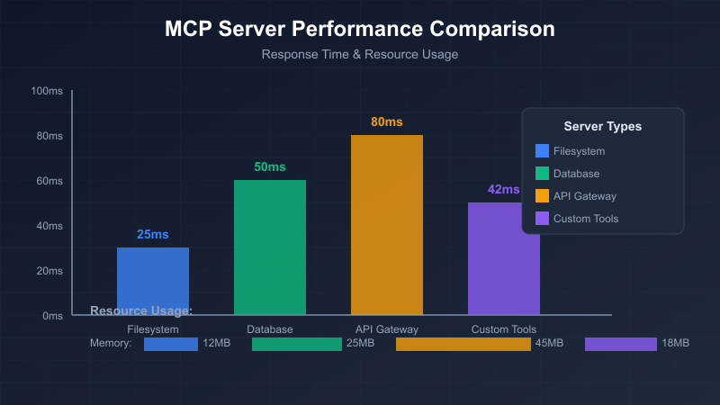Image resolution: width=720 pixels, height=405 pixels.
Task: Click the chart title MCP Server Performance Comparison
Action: [x=360, y=29]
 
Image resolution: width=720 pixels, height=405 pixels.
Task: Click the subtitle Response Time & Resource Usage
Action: [x=360, y=54]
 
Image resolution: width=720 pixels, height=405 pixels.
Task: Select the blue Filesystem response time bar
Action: [x=153, y=281]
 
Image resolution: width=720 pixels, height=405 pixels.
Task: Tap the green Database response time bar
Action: [x=270, y=247]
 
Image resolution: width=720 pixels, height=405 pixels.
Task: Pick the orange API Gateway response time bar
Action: [x=387, y=225]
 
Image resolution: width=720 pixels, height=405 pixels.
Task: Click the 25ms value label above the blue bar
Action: [x=153, y=234]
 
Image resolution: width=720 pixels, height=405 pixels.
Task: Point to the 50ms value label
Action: [x=270, y=166]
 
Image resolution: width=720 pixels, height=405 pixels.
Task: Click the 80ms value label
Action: [x=387, y=121]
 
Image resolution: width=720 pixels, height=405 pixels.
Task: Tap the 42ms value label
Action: [x=503, y=189]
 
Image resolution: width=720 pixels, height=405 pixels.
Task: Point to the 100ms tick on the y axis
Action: [x=46, y=91]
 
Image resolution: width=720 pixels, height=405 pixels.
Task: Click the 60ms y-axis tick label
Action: [x=49, y=181]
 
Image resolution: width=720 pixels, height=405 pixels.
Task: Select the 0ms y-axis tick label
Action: [x=51, y=316]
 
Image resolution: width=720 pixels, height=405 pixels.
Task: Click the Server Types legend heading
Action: [x=603, y=126]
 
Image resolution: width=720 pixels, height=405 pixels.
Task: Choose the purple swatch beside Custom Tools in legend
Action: [x=542, y=219]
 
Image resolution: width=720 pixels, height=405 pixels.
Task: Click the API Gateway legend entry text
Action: [x=585, y=196]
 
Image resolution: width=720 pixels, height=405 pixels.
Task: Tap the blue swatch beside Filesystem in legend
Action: [x=542, y=151]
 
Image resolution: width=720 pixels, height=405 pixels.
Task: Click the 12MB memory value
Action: [x=217, y=344]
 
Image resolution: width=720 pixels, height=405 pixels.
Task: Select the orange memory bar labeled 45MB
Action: [x=463, y=344]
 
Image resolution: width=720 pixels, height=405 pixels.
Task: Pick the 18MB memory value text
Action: [x=675, y=344]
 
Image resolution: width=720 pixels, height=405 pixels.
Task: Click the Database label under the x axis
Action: [x=270, y=329]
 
